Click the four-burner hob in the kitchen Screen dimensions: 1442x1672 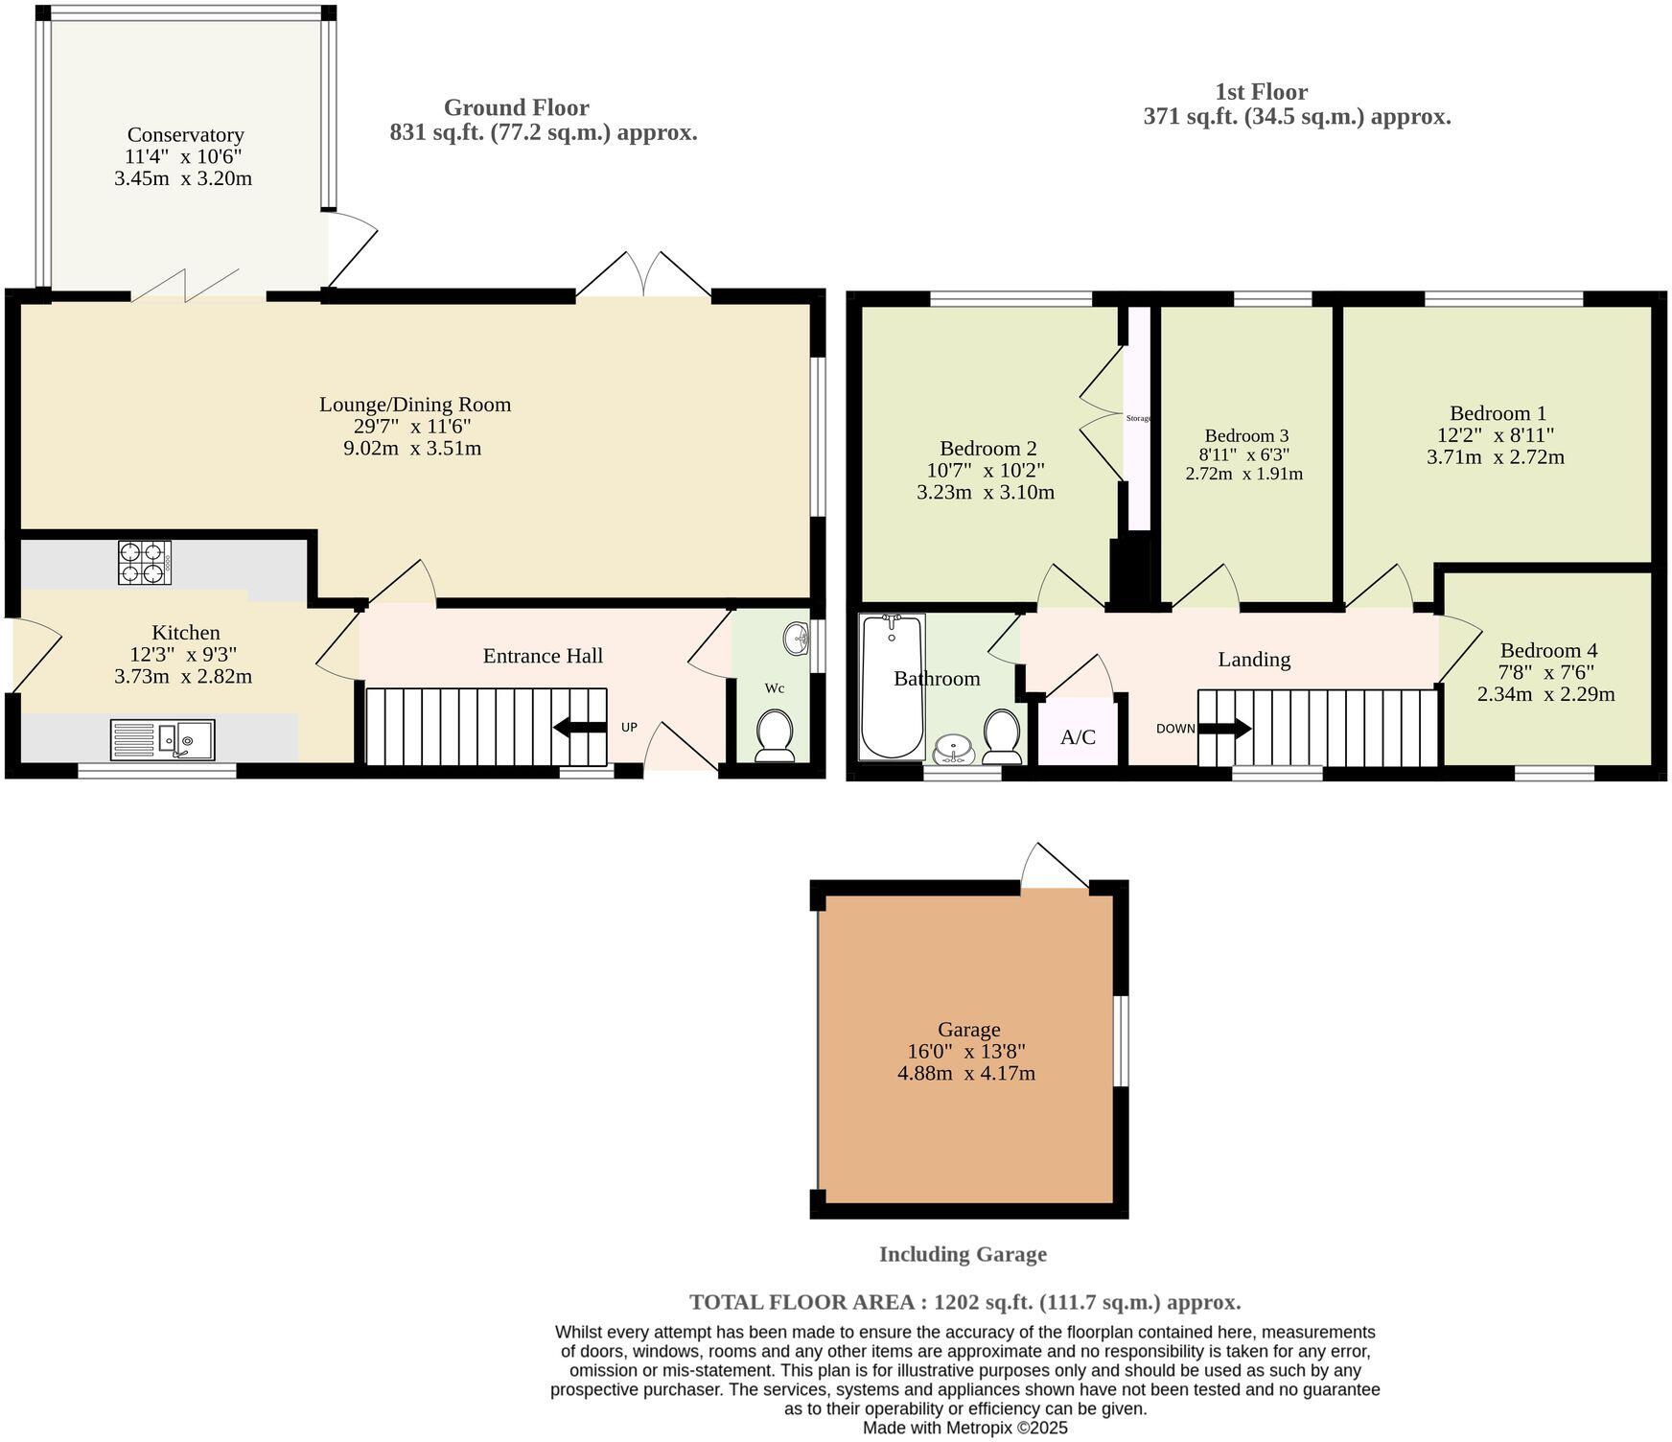(145, 563)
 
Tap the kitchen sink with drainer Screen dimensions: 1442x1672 (162, 739)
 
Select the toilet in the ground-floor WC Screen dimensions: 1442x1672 (775, 735)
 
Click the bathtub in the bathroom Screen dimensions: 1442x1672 (892, 686)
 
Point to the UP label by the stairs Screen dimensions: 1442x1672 (629, 728)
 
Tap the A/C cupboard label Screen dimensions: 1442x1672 (1078, 737)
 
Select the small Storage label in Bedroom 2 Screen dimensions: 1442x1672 (1138, 418)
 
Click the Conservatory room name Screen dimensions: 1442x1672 (185, 135)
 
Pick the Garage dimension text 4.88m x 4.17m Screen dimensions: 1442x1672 (965, 1074)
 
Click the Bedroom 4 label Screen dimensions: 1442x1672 (1548, 650)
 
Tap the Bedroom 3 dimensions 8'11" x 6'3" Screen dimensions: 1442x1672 (1243, 454)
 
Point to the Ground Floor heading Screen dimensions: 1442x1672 (516, 107)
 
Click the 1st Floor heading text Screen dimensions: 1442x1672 (1261, 92)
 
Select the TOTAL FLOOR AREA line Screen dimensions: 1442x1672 (964, 1302)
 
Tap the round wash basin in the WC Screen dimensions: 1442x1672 (795, 636)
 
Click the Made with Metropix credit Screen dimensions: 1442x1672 (964, 1428)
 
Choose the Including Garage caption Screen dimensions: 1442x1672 (963, 1254)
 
